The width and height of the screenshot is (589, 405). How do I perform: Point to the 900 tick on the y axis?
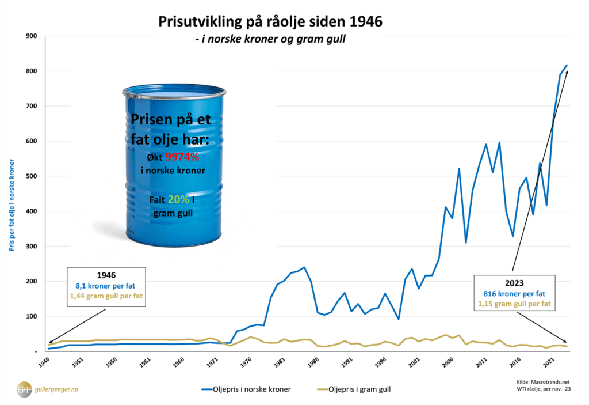(32, 36)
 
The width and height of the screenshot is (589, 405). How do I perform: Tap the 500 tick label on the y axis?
(32, 176)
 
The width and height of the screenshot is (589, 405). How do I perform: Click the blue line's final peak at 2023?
(567, 65)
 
